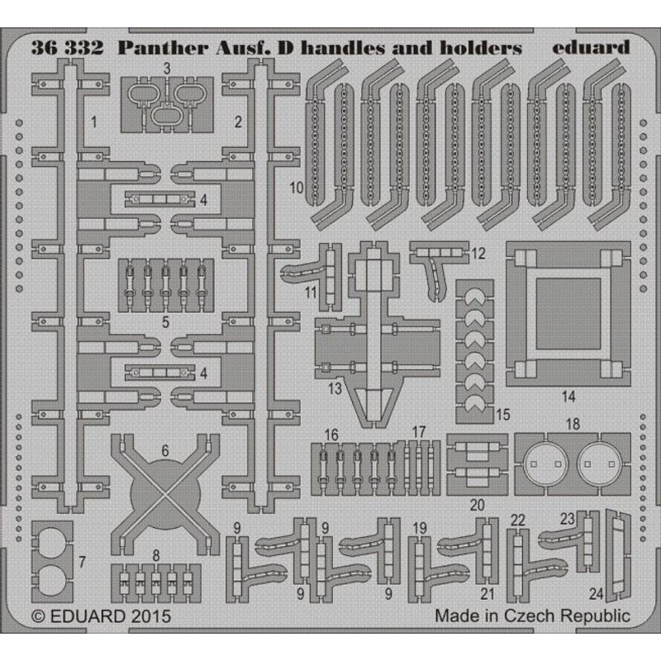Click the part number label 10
tap(297, 188)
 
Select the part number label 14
tap(568, 397)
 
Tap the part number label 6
tap(165, 450)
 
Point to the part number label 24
tap(597, 592)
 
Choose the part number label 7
tap(82, 562)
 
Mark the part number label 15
tap(502, 411)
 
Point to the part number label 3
tap(166, 69)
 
